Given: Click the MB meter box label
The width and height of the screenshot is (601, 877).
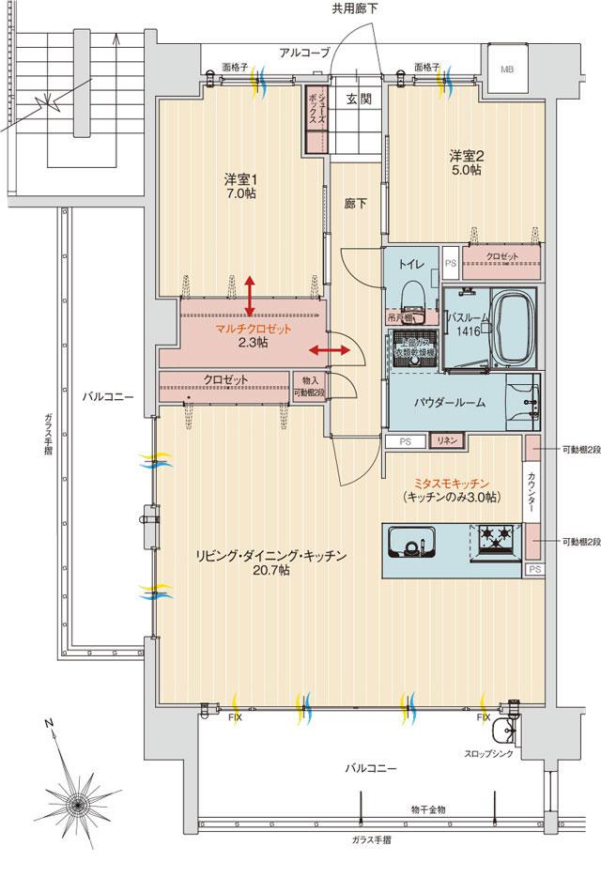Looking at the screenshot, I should pyautogui.click(x=507, y=69).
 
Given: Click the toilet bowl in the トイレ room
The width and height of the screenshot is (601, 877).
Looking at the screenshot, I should pyautogui.click(x=410, y=297).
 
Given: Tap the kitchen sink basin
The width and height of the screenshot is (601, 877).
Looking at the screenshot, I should pyautogui.click(x=410, y=545).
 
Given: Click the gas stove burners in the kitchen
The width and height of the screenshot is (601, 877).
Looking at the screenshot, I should pyautogui.click(x=494, y=539).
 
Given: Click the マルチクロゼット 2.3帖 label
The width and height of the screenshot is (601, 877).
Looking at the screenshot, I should pyautogui.click(x=253, y=336).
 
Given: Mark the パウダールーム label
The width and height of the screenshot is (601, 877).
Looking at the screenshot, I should pyautogui.click(x=450, y=402).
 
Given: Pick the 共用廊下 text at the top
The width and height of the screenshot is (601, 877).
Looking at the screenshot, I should pyautogui.click(x=355, y=8).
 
